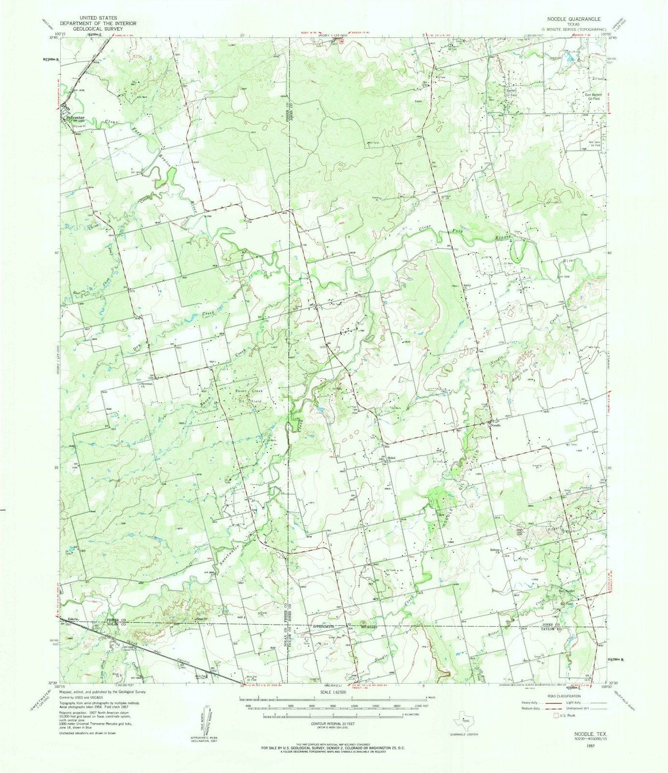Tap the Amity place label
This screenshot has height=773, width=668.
tap(467, 286)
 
